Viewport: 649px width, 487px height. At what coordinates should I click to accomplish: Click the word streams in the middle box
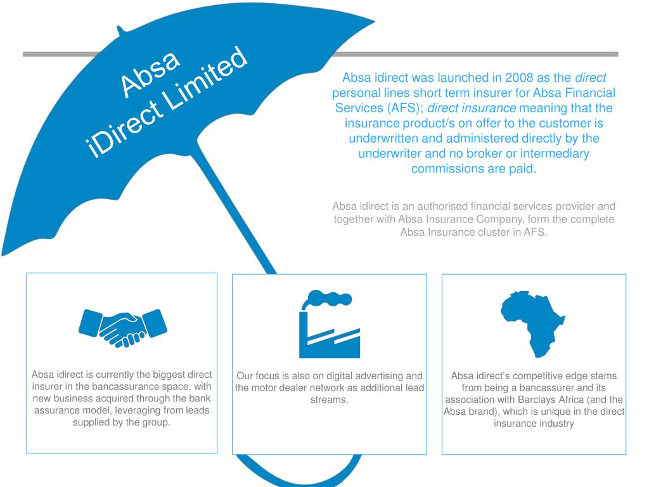[330, 399]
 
